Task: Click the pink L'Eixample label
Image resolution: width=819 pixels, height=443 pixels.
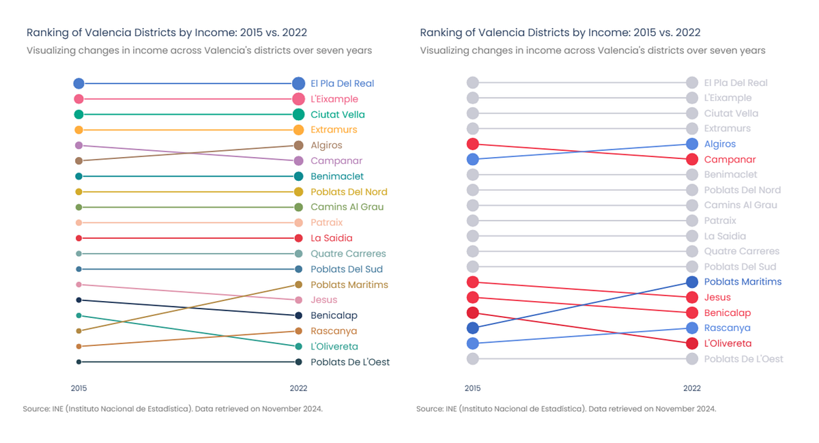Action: click(334, 99)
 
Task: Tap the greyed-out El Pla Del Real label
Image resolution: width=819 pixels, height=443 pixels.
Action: click(736, 83)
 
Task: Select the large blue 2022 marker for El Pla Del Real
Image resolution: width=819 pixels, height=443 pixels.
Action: click(298, 83)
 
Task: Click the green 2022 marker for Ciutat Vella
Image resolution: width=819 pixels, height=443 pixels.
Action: click(298, 115)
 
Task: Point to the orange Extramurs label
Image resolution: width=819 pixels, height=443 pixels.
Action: click(334, 130)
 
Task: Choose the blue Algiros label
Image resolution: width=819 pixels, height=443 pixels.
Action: click(719, 144)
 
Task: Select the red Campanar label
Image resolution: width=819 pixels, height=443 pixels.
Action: click(730, 160)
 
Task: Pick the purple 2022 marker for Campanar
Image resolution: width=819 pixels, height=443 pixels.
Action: click(298, 161)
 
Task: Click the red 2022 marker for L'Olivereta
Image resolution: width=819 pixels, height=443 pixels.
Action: click(691, 343)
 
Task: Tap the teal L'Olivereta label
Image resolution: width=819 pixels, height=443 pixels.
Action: click(334, 347)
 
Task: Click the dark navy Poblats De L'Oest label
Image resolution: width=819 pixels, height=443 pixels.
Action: click(350, 362)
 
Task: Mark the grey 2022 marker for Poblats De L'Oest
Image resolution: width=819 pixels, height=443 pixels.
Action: click(691, 359)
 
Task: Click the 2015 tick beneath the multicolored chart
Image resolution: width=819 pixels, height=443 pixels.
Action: click(78, 388)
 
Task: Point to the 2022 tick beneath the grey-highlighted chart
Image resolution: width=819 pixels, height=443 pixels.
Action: click(691, 388)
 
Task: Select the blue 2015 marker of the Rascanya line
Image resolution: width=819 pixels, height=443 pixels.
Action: click(472, 343)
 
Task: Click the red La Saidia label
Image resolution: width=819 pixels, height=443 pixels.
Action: click(331, 238)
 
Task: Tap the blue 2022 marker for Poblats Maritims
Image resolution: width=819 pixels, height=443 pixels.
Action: click(691, 282)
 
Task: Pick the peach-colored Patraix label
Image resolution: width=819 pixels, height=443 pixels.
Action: click(326, 223)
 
